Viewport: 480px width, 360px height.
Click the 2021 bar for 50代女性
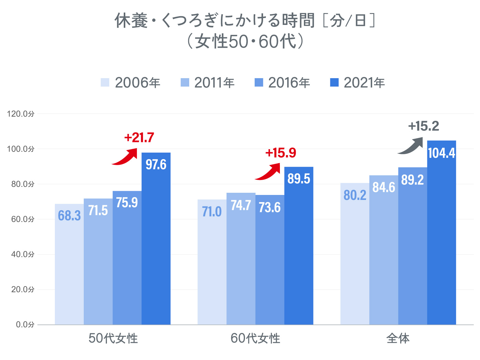156,243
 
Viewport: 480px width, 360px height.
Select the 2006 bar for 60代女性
212,268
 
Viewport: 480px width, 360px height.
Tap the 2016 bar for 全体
412,249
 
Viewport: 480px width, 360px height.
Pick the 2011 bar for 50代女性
98,265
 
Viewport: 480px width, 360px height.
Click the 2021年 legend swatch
334,83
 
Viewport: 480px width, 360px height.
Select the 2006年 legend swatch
105,83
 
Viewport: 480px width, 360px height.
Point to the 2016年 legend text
289,83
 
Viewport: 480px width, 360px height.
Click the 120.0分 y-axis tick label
21,114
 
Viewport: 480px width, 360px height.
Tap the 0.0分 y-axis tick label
25,325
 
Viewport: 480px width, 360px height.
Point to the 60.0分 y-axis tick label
22,219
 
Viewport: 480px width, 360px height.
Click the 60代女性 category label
255,339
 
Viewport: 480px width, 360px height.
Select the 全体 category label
398,339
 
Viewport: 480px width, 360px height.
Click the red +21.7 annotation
139,138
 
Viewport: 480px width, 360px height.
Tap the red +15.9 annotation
281,153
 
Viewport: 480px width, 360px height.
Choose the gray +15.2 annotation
424,126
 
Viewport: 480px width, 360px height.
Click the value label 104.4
441,153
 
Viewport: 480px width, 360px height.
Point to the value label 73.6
270,208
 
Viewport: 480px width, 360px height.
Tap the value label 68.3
69,216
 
